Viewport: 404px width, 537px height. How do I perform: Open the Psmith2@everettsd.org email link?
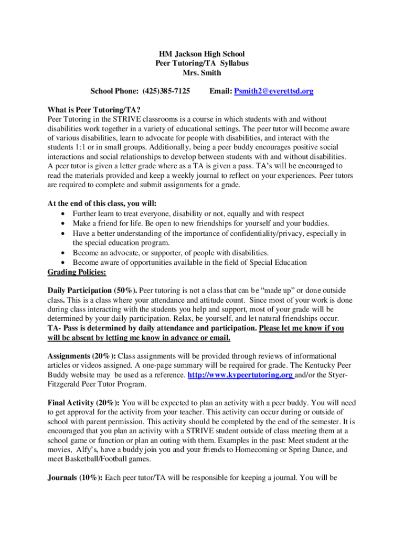tap(274, 91)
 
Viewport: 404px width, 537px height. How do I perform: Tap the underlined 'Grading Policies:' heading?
tap(77, 272)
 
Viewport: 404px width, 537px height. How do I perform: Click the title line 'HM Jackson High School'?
tap(202, 54)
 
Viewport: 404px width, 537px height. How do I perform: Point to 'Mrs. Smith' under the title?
tap(202, 73)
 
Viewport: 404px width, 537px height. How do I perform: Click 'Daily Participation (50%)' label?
tap(92, 290)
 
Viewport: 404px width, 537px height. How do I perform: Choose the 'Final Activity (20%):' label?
tap(83, 403)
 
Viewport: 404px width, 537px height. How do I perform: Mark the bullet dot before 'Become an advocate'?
tap(63, 253)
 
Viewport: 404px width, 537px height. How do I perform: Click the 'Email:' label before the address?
tap(220, 91)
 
